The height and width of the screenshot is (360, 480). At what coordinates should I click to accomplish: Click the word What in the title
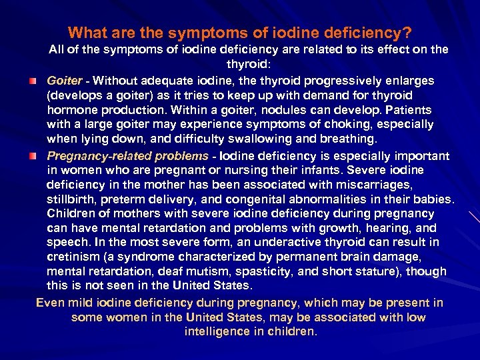click(x=85, y=32)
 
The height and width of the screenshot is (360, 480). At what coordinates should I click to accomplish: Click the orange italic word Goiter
click(x=64, y=81)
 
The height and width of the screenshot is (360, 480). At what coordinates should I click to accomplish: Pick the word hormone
click(x=71, y=110)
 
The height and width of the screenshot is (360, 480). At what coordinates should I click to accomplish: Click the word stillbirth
click(x=71, y=199)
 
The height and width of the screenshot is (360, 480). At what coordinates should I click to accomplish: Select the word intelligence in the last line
click(x=217, y=331)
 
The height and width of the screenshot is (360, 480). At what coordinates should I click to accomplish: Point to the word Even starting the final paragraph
click(x=49, y=302)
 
